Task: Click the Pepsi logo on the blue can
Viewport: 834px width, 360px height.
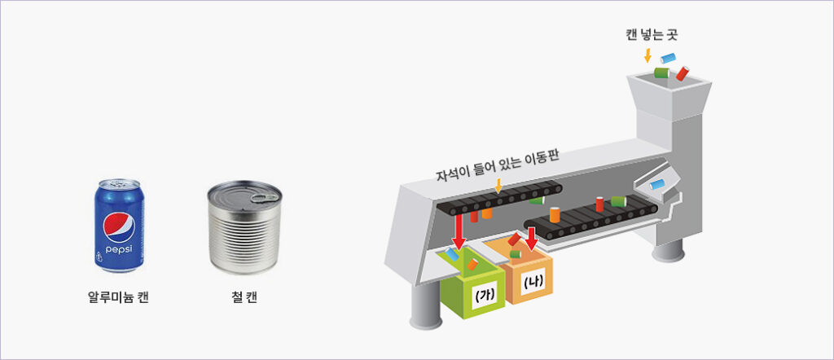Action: [x=119, y=227]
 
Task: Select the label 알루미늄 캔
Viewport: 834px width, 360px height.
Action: [x=118, y=297]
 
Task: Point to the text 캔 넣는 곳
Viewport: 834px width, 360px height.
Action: [x=652, y=35]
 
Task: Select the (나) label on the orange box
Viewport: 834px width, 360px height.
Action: [x=533, y=283]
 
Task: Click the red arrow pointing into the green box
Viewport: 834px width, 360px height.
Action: [x=457, y=230]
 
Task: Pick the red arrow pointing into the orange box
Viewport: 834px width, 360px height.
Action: [x=531, y=237]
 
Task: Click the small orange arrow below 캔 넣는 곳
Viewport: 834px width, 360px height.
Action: [x=647, y=55]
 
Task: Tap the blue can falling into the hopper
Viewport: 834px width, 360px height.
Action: [x=668, y=58]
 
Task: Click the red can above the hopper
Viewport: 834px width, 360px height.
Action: [x=683, y=73]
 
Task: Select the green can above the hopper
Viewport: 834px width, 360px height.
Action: [x=661, y=72]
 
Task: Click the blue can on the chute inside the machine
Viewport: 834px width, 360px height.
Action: [x=657, y=185]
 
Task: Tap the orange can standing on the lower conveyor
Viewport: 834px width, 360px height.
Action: [x=555, y=214]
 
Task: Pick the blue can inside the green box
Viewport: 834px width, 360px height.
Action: [x=453, y=254]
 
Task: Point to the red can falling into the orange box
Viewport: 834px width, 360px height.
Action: [x=515, y=239]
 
